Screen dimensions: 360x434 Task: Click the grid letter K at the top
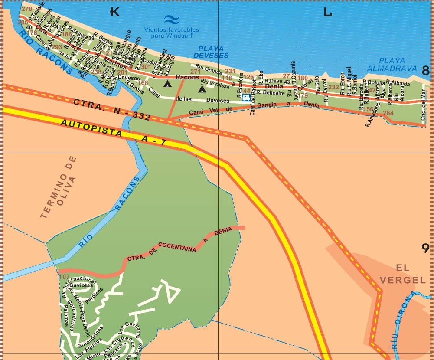coord(115,12)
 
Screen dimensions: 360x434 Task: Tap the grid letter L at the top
coord(328,12)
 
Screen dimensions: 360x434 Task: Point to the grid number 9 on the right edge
coord(426,248)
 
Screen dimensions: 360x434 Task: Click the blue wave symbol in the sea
coord(172,20)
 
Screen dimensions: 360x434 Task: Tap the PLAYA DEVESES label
coord(211,52)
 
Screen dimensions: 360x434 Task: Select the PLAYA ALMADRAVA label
coord(398,64)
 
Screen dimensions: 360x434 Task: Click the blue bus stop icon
coord(246,98)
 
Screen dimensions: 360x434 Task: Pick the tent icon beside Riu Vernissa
coord(202,89)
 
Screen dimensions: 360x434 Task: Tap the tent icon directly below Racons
coord(167,84)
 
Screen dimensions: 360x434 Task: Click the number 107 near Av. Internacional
coord(64,277)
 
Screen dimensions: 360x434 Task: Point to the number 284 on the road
coord(388,113)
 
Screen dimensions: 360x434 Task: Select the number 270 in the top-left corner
coord(26,9)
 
